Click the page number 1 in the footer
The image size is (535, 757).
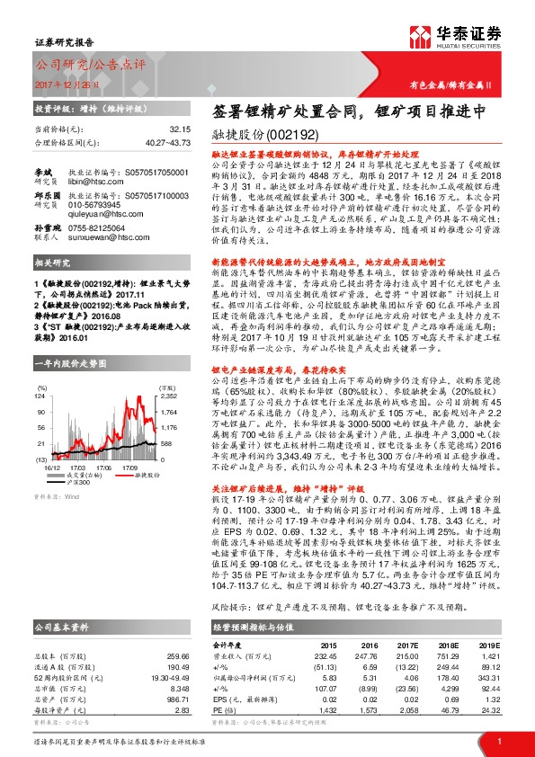[498, 739]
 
